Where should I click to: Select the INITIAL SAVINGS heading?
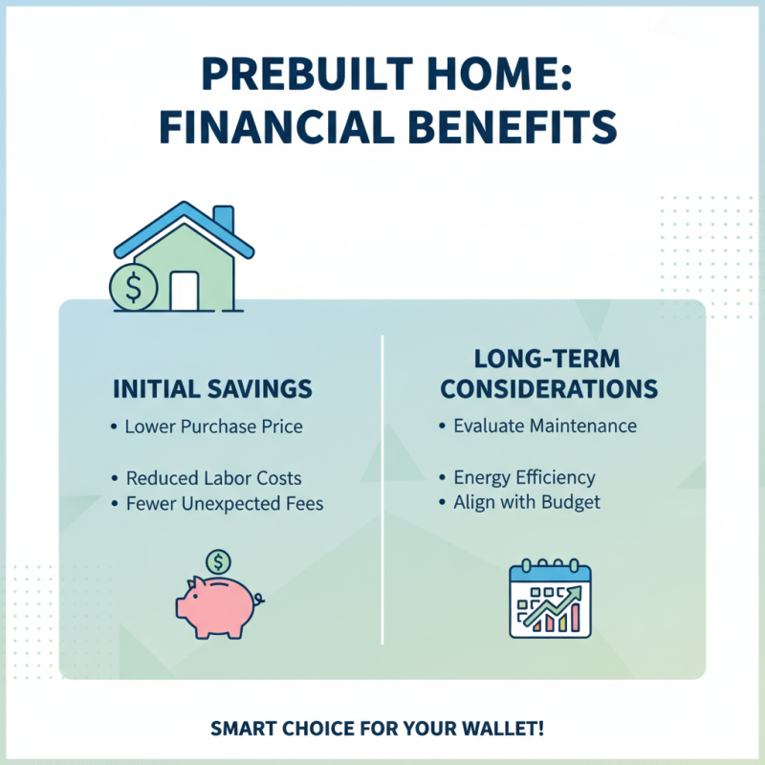pyautogui.click(x=212, y=390)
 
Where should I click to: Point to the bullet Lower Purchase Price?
pyautogui.click(x=214, y=426)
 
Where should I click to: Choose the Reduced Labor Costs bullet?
pyautogui.click(x=214, y=477)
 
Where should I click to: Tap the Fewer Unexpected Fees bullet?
pyautogui.click(x=225, y=503)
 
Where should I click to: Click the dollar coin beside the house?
pyautogui.click(x=133, y=285)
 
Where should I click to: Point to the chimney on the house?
pyautogui.click(x=223, y=219)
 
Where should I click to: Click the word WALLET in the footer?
pyautogui.click(x=505, y=730)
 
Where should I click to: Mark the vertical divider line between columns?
pyautogui.click(x=382, y=488)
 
